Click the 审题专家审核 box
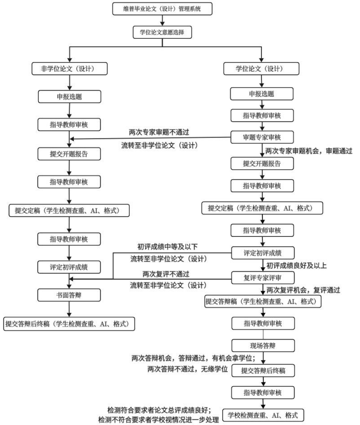click(x=262, y=136)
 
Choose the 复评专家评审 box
click(x=262, y=276)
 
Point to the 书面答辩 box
click(x=69, y=294)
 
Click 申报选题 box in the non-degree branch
click(x=69, y=96)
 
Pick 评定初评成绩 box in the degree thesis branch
click(x=262, y=252)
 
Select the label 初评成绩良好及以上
click(x=297, y=266)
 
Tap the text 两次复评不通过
click(x=166, y=273)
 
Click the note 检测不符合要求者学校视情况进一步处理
click(x=158, y=420)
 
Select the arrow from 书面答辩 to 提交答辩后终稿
click(x=69, y=309)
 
